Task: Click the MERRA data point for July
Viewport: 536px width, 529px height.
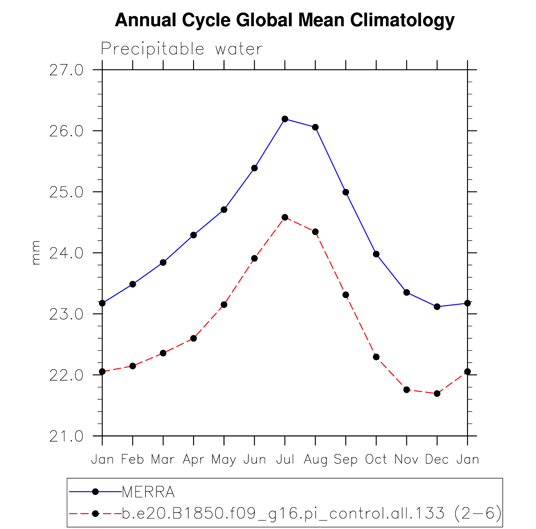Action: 285,119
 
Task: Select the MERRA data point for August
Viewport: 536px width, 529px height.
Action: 315,127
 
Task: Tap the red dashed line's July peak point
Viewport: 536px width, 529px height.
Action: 285,217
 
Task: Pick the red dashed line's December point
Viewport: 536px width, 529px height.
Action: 437,393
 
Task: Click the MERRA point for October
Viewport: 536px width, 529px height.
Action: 376,254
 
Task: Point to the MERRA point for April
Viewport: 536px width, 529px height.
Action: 193,235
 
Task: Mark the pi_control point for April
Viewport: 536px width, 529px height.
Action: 193,338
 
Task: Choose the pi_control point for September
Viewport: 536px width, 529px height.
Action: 346,295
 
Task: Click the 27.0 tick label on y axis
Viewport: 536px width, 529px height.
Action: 66,70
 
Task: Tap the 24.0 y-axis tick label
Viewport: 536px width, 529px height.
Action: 66,253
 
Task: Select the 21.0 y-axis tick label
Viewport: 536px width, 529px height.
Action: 66,436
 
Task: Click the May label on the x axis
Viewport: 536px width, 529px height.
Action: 223,460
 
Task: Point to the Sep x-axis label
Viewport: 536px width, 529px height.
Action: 345,460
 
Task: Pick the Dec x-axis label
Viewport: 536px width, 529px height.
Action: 437,460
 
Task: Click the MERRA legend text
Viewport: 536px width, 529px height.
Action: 148,492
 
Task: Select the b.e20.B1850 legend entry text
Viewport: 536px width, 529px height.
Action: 312,514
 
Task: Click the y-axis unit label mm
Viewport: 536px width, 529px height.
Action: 36,253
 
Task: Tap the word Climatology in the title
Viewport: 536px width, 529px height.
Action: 402,20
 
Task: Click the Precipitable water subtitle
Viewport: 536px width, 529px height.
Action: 181,49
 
